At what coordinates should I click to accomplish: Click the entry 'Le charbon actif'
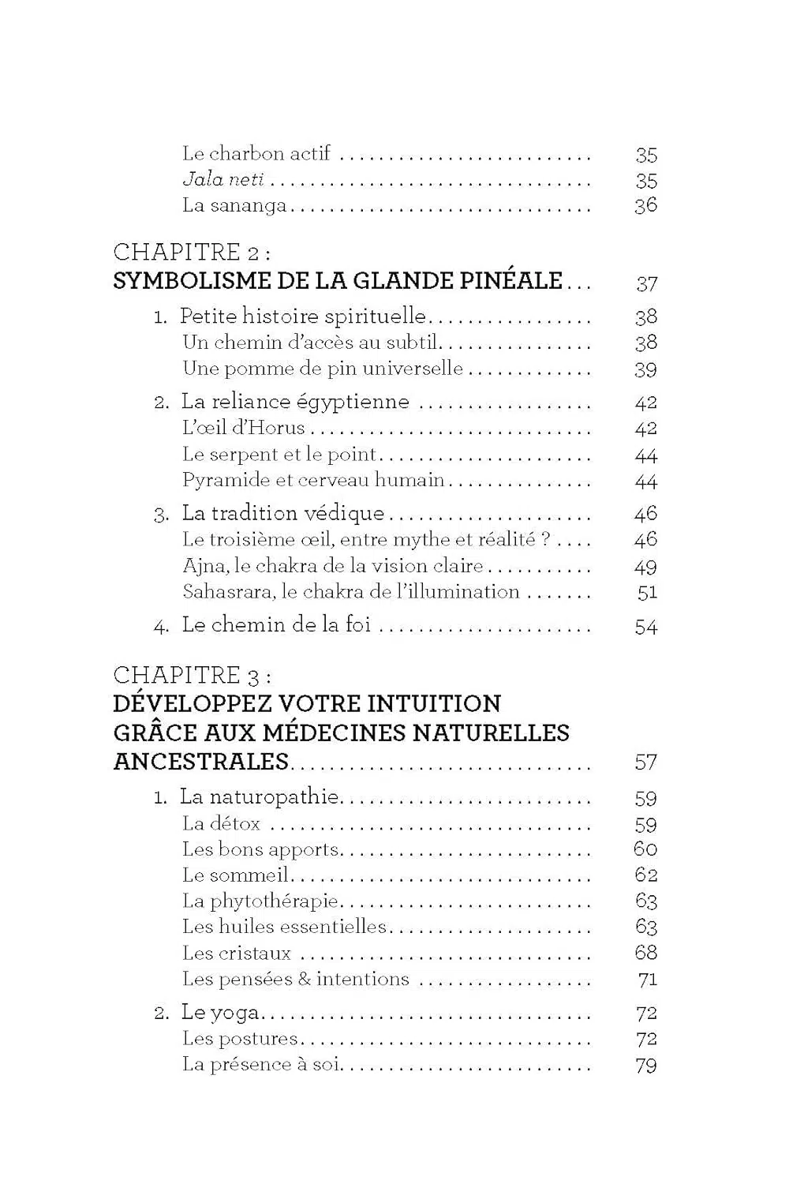[x=256, y=153]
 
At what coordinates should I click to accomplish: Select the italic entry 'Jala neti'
[x=223, y=180]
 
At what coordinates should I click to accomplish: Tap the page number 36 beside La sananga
[x=645, y=206]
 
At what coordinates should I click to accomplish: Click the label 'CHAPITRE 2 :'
[x=193, y=252]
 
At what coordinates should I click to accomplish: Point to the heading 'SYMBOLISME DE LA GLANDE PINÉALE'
[x=338, y=281]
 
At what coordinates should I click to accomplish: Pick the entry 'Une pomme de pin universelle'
[x=322, y=369]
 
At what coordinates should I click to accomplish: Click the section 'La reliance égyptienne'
[x=295, y=402]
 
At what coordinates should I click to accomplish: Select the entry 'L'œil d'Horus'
[x=243, y=428]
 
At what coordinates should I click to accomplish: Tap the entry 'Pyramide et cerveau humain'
[x=313, y=480]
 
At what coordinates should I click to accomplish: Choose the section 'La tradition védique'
[x=282, y=513]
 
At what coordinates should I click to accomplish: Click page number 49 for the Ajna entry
[x=645, y=567]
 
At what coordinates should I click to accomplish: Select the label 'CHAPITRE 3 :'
[x=193, y=675]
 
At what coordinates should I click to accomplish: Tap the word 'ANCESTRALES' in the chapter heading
[x=201, y=762]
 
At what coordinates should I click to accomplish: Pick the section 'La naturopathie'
[x=260, y=797]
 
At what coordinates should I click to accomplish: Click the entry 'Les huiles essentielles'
[x=284, y=927]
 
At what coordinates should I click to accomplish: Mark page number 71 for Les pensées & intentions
[x=647, y=980]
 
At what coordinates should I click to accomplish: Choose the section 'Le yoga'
[x=220, y=1013]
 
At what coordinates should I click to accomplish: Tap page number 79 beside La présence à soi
[x=645, y=1065]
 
